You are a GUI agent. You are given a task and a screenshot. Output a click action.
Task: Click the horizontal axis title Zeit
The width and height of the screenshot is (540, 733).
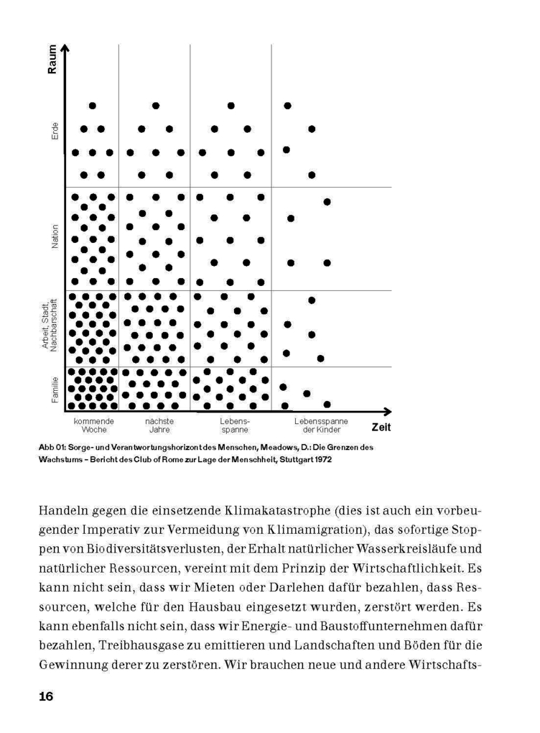382,426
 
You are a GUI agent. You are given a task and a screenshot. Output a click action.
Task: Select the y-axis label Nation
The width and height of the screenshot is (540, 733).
55,237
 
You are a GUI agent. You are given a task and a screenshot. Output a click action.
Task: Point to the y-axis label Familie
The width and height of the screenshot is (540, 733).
55,389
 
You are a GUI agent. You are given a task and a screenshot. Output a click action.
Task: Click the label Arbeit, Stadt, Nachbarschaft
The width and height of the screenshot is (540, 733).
50,326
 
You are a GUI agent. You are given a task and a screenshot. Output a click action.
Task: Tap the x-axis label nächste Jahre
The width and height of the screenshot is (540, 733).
159,425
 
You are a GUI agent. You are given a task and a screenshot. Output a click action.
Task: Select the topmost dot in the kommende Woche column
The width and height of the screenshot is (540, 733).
92,106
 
